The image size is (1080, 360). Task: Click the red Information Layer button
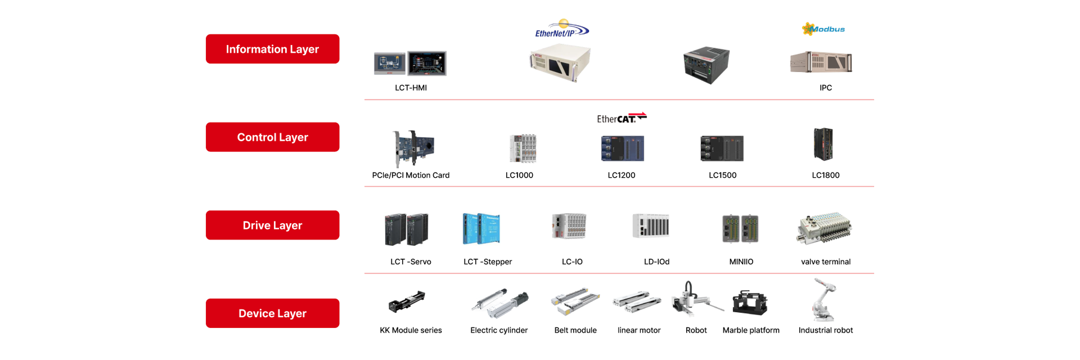coord(272,49)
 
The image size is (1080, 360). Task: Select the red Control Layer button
coord(272,137)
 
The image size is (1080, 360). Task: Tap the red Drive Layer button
coord(272,225)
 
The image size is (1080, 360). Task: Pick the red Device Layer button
coord(272,313)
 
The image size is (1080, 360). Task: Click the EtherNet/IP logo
coord(561,29)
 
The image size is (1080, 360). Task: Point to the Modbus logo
coord(823,29)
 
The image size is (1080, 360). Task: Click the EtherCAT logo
coord(621,118)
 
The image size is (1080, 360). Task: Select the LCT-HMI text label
coord(411,88)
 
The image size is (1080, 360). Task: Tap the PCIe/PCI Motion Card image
coord(413,148)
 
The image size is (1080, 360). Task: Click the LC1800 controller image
coord(823,145)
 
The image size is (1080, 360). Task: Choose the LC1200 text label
coord(621,175)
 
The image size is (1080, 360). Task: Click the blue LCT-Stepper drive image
coord(481,228)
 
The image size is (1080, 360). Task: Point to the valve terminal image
coord(825,228)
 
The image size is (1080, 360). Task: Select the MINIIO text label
coord(741,262)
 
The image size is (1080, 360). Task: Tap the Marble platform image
coord(750,303)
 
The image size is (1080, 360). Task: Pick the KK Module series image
coord(407,301)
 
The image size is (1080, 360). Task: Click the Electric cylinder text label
coord(499,330)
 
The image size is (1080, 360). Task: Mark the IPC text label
coord(825,88)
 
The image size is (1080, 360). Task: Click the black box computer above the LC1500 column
coord(706,65)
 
